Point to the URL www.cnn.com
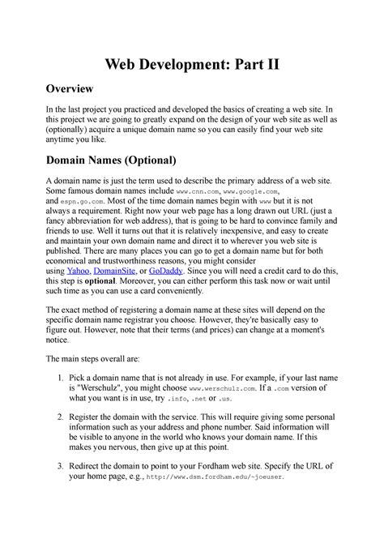pyautogui.click(x=198, y=195)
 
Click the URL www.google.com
pyautogui.click(x=264, y=195)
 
